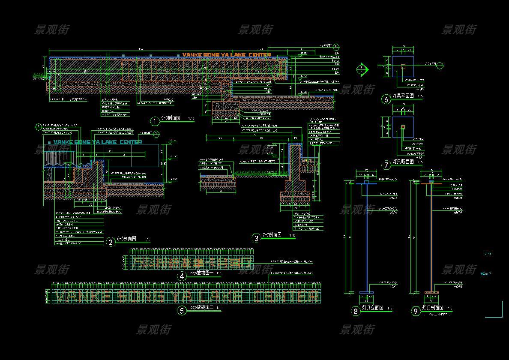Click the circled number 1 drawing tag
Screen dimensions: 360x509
pos(155,121)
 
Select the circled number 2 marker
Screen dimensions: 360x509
pos(111,242)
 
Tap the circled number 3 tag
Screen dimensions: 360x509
pos(256,239)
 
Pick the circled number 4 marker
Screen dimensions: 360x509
pos(182,276)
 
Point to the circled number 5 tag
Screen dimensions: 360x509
pos(182,311)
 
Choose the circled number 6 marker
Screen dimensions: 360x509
pos(386,99)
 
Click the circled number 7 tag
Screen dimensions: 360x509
pos(386,165)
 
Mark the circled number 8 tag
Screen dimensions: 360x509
pos(356,311)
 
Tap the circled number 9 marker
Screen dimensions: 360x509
pos(415,311)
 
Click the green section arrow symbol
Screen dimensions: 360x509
pos(362,69)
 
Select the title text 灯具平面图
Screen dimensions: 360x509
pos(403,97)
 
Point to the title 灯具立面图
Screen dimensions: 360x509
pos(371,308)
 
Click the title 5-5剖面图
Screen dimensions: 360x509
pos(170,118)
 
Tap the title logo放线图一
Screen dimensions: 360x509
pos(201,273)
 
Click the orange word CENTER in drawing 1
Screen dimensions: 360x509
pos(259,55)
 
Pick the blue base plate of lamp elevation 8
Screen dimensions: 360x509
pos(366,293)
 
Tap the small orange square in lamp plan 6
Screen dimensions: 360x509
pos(403,66)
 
